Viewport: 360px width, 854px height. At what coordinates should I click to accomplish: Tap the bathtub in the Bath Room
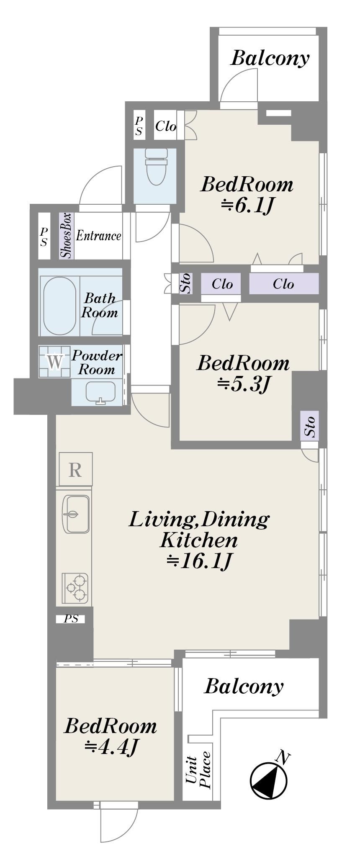pos(60,306)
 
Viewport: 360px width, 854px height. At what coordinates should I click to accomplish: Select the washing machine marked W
pos(54,361)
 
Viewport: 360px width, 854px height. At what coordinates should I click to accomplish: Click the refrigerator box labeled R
pos(75,469)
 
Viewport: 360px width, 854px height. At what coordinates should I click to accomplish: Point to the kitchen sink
pos(76,514)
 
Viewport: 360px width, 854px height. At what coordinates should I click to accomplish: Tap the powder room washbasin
pos(100,392)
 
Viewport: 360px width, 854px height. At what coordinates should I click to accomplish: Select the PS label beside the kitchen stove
pos(71,619)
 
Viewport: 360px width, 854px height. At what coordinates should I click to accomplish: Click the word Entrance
pos(98,236)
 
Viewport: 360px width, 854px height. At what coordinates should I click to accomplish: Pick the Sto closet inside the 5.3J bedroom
pos(310,426)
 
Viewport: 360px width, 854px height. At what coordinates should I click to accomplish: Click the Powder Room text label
pos(97,363)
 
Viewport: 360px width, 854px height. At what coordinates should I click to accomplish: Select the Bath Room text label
pos(100,305)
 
